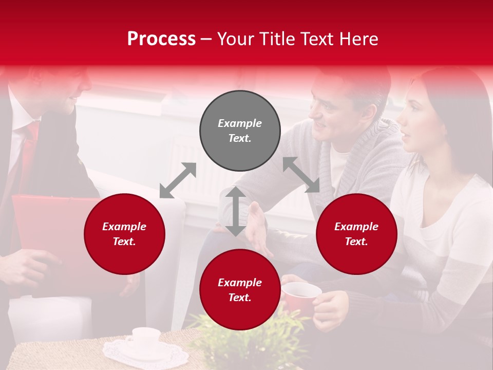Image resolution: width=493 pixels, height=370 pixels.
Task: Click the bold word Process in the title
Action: coord(161,39)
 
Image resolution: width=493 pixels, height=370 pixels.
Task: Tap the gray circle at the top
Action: coord(240,131)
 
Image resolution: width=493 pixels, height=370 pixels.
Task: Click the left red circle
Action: coord(124,234)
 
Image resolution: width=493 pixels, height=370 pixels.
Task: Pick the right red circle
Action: coord(356,234)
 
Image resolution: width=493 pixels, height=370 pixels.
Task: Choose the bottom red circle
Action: coord(240,290)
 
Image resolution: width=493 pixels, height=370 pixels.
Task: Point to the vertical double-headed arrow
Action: coord(236,211)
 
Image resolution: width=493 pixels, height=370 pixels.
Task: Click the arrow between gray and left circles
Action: coord(178,180)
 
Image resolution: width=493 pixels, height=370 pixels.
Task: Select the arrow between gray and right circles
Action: coord(301,175)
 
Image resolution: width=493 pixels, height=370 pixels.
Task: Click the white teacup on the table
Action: coord(143,338)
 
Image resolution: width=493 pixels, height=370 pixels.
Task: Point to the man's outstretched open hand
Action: coord(259,231)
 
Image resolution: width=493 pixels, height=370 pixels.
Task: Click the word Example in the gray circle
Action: coord(240,123)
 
